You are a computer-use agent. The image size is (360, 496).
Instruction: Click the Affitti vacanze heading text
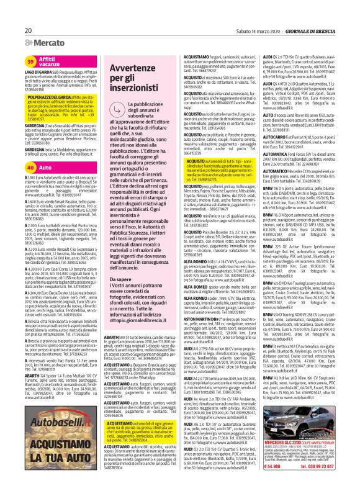coord(50,61)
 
